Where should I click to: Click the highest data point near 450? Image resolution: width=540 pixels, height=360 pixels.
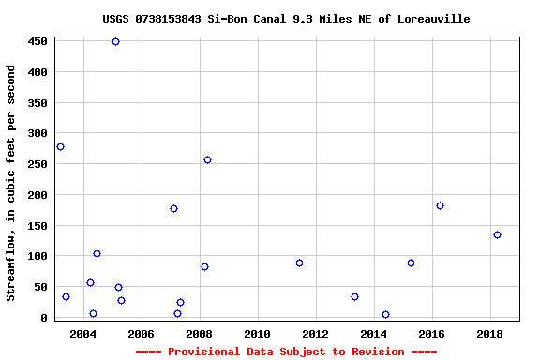(115, 41)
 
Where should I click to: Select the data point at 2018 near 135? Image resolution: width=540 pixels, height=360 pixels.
(497, 234)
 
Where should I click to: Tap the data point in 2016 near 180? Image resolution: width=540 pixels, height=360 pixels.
(440, 205)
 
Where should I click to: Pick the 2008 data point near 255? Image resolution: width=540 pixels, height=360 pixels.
(207, 159)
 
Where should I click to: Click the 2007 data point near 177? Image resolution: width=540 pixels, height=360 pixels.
(173, 208)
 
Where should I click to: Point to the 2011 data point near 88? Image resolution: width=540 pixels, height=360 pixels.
(299, 262)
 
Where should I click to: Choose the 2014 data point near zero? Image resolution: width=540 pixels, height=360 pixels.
(385, 314)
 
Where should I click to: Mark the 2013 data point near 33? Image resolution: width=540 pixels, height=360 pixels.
(354, 296)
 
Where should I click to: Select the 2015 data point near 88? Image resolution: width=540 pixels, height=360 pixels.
(411, 262)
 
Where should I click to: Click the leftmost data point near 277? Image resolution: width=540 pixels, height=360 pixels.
(60, 146)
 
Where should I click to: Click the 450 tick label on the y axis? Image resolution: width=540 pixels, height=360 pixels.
(37, 41)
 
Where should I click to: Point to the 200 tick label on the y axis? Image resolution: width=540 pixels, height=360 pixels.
(37, 195)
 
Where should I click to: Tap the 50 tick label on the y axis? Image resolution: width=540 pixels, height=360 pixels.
(40, 287)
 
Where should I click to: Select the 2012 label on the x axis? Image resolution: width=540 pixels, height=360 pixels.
(315, 334)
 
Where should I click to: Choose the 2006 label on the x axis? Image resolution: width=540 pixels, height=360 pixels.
(141, 334)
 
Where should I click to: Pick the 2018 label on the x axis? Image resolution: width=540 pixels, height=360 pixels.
(489, 334)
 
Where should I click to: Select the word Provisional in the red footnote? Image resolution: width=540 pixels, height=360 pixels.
(201, 352)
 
